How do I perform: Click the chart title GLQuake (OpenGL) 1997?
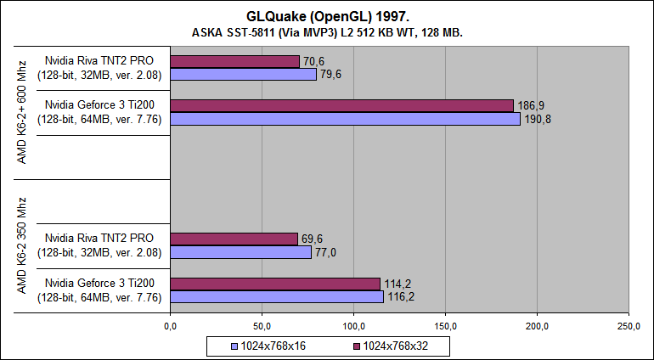327,14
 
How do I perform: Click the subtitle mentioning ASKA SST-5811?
327,31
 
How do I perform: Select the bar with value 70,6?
234,61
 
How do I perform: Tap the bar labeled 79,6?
243,74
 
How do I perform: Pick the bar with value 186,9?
341,105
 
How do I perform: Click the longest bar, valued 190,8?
345,119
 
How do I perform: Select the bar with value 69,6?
234,239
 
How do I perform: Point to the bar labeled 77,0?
240,252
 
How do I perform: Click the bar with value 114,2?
274,284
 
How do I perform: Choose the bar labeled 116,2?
277,296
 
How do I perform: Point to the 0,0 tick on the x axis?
170,325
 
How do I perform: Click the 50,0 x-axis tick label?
262,325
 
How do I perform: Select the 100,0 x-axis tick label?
353,325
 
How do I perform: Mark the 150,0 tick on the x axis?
445,325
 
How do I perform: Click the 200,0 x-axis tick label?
537,325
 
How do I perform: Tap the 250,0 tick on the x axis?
629,325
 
